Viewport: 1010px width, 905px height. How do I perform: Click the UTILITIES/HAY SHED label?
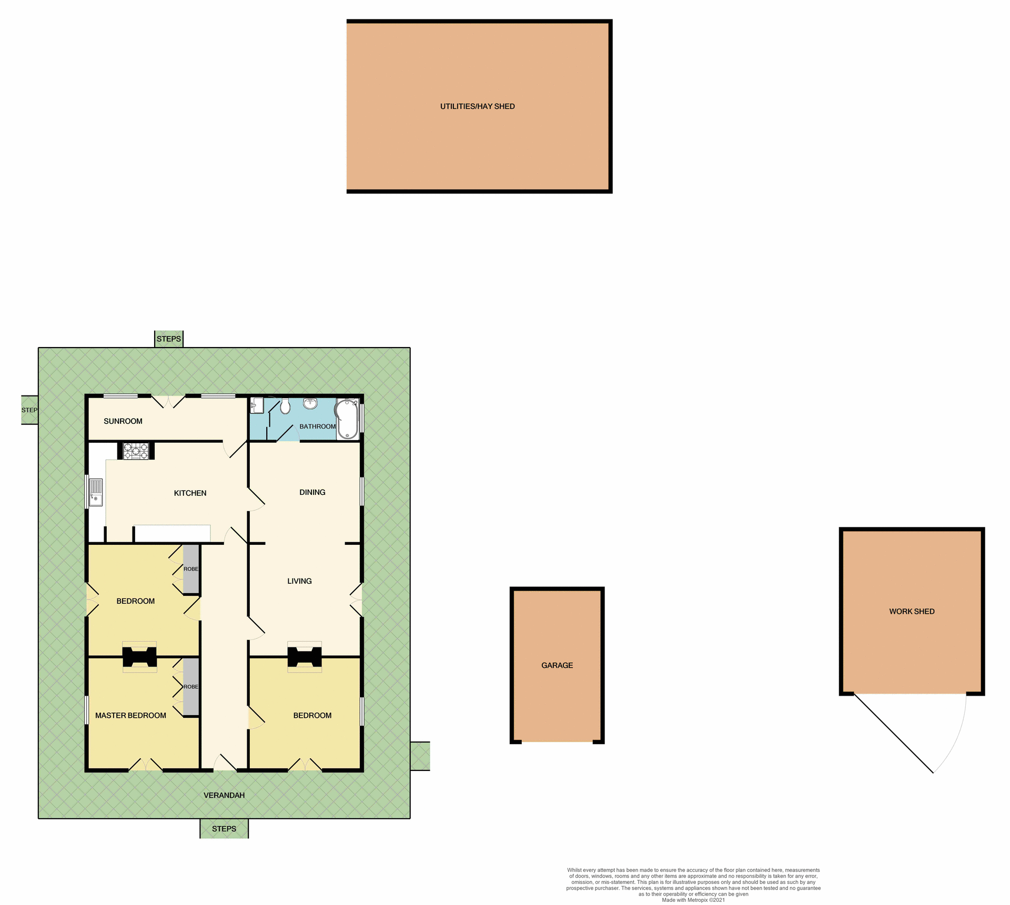(477, 106)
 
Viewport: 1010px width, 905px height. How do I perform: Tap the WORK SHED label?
(912, 611)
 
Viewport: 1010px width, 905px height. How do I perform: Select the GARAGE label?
(557, 665)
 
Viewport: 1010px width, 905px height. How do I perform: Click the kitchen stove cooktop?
(136, 451)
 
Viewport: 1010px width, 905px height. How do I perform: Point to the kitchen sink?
(96, 492)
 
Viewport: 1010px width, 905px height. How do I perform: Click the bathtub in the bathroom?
(347, 419)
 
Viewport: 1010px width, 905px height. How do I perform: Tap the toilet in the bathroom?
(285, 406)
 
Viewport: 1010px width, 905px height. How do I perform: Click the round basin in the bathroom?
(310, 404)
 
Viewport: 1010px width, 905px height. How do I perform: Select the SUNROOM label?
(123, 421)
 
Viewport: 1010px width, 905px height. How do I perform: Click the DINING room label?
(312, 492)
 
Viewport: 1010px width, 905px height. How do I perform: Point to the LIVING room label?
(299, 581)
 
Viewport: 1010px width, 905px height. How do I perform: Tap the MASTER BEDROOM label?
(130, 715)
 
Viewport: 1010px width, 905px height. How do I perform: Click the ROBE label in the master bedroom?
(191, 687)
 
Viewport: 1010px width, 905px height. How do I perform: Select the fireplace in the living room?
(305, 657)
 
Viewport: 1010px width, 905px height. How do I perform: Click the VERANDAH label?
(224, 795)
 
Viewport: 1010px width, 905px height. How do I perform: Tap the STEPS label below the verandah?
(224, 829)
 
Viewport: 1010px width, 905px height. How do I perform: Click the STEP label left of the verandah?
(29, 410)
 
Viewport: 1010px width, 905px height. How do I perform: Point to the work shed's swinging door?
(894, 734)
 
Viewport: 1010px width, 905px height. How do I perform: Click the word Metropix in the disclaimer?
(698, 900)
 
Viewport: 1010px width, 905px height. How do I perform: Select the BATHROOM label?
(318, 426)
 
